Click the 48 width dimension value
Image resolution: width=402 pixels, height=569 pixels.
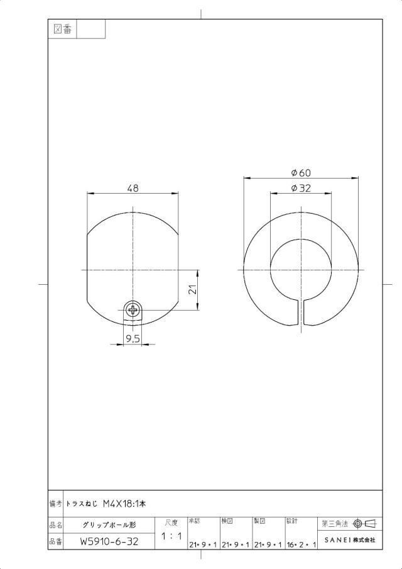tap(133, 188)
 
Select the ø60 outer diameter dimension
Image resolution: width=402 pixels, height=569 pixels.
tap(301, 173)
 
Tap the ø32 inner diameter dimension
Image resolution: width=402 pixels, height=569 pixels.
tap(301, 188)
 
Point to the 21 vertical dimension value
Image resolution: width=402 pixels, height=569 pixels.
tap(193, 289)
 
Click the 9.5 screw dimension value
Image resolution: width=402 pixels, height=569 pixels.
tap(133, 339)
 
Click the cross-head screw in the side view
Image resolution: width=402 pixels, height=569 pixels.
tap(133, 310)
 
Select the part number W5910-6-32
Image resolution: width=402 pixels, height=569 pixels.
tap(109, 541)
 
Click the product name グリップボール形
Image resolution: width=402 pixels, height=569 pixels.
tap(109, 525)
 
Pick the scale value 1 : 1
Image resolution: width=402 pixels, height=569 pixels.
tap(171, 536)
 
